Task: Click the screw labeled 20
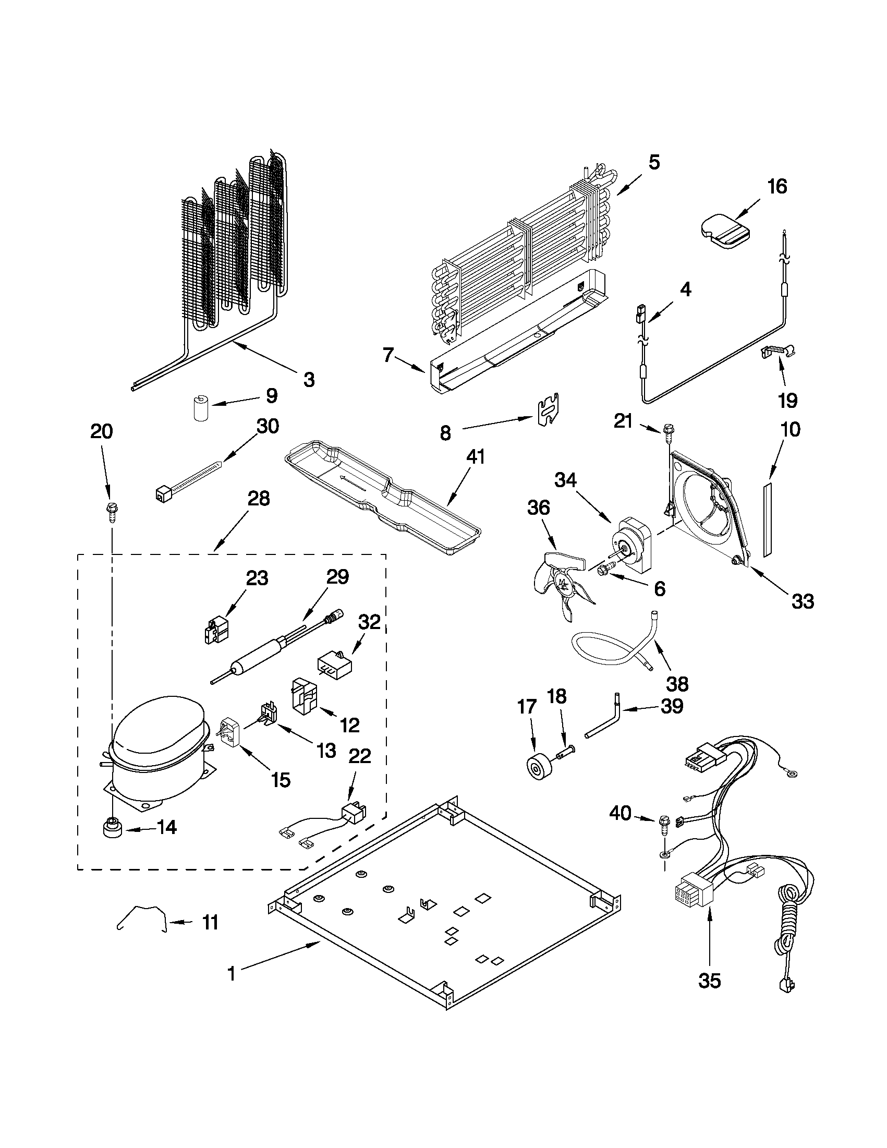[112, 511]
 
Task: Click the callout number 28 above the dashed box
[258, 498]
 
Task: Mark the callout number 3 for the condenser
[309, 379]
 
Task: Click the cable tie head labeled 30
[162, 494]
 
